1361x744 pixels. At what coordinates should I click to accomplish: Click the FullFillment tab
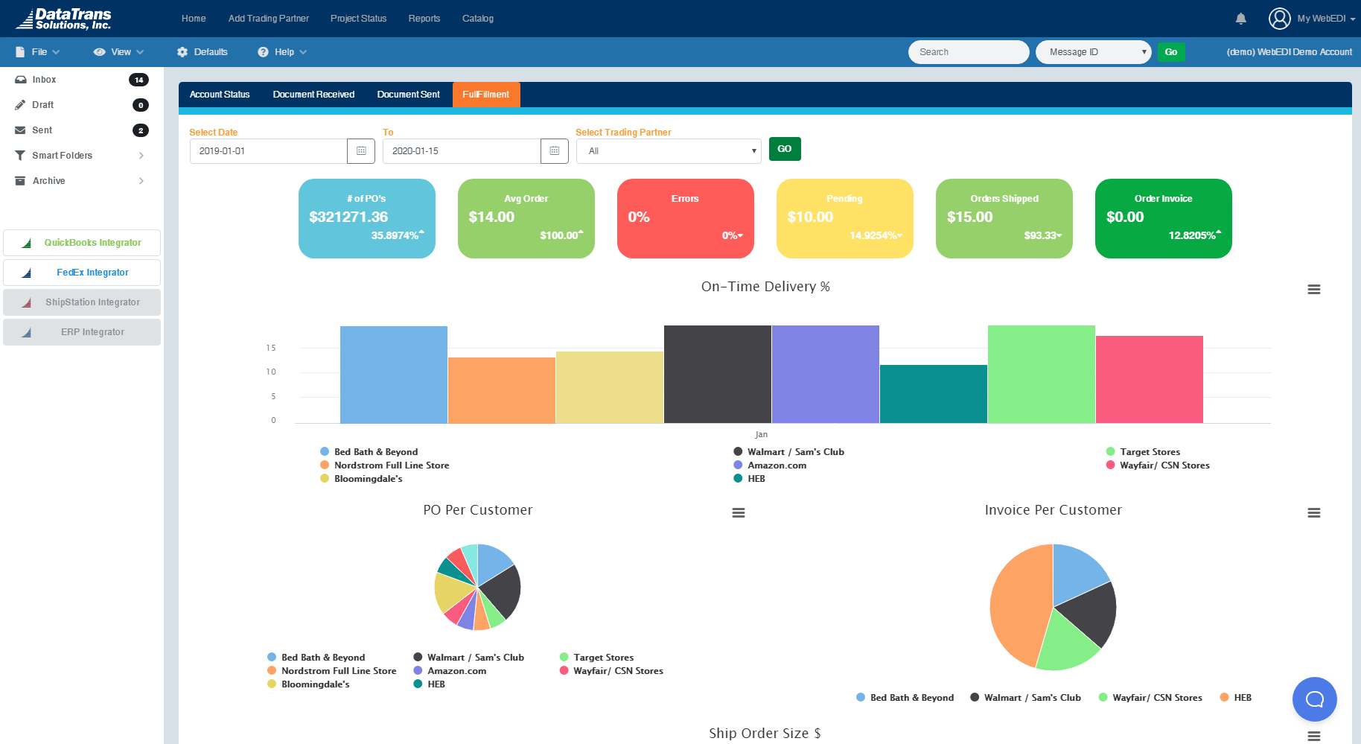(x=485, y=95)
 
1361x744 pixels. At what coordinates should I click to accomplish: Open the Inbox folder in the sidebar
(x=44, y=80)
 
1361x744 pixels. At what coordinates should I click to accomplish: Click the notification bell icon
(x=1240, y=19)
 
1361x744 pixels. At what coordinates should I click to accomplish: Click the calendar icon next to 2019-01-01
(x=361, y=150)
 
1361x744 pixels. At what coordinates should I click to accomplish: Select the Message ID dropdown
(x=1093, y=52)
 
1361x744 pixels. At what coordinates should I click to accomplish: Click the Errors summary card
(x=685, y=218)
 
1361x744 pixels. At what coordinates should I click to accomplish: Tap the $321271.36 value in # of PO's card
(x=348, y=217)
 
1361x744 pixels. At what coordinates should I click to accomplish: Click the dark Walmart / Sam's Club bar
(x=717, y=374)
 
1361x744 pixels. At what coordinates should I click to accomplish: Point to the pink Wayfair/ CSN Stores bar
(x=1149, y=379)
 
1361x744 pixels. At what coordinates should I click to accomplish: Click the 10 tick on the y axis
(x=271, y=372)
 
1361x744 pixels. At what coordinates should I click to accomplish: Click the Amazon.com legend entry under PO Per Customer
(x=456, y=671)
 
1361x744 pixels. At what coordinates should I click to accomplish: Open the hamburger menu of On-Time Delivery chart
(x=1313, y=290)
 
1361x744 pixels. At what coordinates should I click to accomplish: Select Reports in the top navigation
(x=424, y=19)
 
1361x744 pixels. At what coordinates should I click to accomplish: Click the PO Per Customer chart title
(x=477, y=510)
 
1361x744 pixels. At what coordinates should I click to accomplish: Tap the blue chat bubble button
(x=1314, y=699)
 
